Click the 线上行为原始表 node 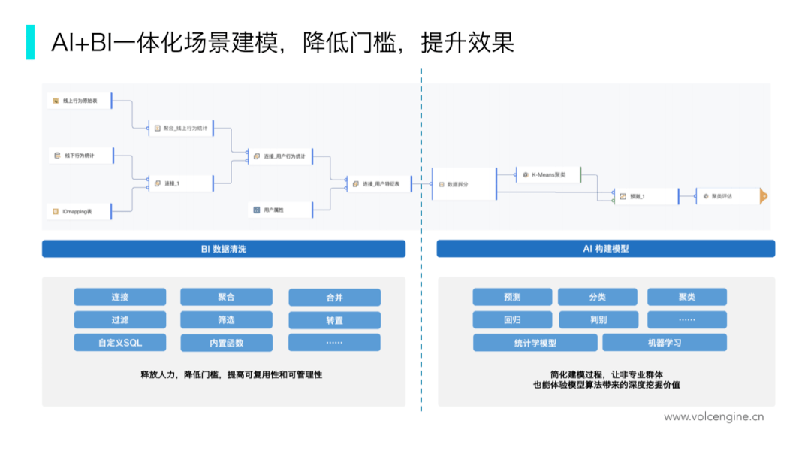click(x=79, y=100)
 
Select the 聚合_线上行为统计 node click(x=182, y=129)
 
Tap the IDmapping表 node click(x=79, y=212)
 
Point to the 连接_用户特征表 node click(x=379, y=183)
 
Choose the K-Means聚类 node click(x=548, y=175)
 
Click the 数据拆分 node click(x=464, y=184)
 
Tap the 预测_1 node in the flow click(x=644, y=196)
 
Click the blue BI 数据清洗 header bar click(x=224, y=249)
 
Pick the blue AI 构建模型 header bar click(x=605, y=249)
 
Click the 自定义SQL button click(x=120, y=343)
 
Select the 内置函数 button click(x=227, y=343)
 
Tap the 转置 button click(x=334, y=320)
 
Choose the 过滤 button click(x=120, y=320)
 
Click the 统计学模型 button click(x=535, y=343)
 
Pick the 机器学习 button click(x=665, y=343)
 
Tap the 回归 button click(x=512, y=319)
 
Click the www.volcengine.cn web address click(x=713, y=416)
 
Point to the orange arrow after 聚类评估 click(x=764, y=197)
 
